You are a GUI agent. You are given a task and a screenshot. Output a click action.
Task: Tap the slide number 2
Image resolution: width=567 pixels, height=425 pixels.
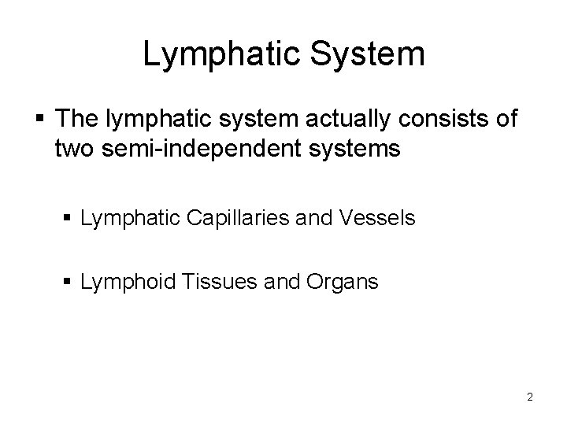[530, 397]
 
